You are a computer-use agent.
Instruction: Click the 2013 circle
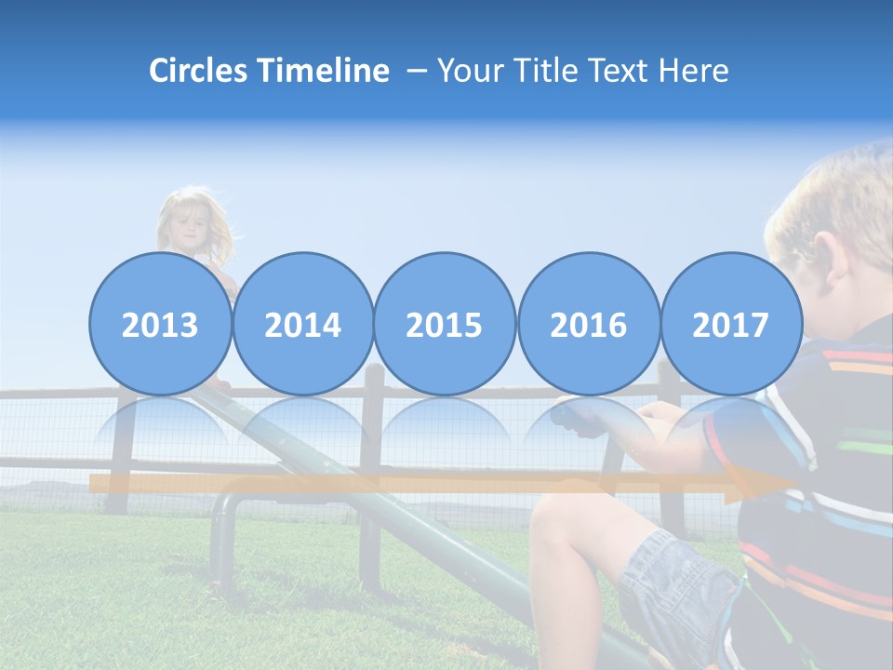click(160, 325)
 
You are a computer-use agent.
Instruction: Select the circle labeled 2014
click(302, 325)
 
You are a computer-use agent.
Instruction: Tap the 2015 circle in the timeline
click(445, 325)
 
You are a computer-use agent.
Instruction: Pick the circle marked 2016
click(588, 325)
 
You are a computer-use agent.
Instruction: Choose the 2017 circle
click(730, 325)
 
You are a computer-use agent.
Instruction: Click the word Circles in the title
click(200, 71)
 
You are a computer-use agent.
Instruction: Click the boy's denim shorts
click(674, 582)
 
